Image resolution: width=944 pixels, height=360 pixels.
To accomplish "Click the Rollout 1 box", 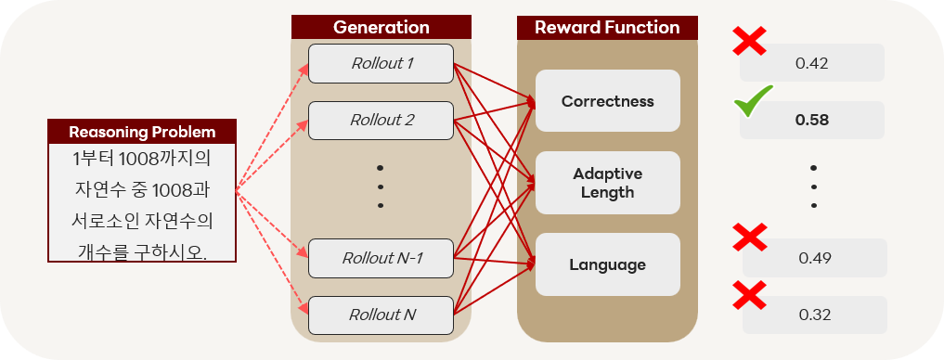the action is coord(381,63).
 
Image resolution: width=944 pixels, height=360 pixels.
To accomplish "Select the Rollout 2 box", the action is coord(381,121).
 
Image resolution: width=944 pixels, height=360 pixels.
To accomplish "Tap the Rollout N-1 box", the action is coord(381,258).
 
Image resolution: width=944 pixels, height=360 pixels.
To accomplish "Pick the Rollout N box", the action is coord(381,315).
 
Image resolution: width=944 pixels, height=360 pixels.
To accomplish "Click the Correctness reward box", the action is coord(607,101).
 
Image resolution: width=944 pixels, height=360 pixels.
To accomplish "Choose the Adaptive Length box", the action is coord(607,183).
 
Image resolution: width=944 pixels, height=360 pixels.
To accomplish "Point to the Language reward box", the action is coord(607,264).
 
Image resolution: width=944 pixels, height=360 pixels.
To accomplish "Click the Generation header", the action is coord(381,28).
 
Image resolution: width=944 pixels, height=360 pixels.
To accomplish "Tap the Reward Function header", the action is coord(607,28).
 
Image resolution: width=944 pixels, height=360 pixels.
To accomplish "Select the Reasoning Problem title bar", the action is coord(142,132).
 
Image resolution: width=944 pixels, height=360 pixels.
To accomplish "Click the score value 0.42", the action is coord(811,62).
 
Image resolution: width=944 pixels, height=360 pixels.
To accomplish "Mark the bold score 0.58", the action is coord(811,121).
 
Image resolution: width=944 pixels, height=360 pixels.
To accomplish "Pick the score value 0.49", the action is coord(815,258).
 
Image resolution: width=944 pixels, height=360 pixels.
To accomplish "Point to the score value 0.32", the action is coord(815,315).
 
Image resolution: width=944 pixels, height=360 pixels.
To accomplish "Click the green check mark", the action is coord(753,101).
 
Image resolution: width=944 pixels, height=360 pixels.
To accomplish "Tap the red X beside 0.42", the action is coord(750,41).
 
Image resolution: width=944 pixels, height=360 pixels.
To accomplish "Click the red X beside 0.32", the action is coord(750,294).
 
